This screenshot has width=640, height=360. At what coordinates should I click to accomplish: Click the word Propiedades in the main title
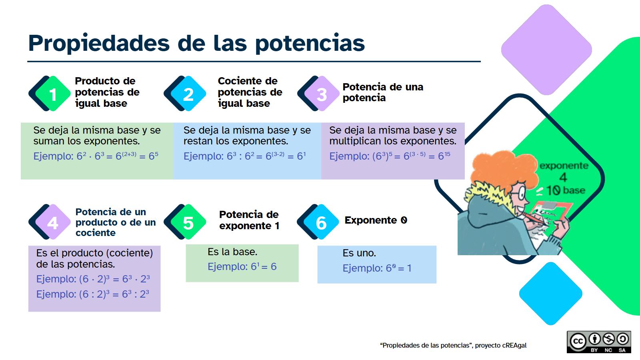click(x=99, y=43)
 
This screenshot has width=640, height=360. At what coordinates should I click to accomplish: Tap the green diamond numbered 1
click(x=53, y=94)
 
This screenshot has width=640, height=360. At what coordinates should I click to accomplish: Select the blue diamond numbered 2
click(x=188, y=94)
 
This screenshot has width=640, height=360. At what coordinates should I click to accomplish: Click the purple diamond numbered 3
click(x=322, y=94)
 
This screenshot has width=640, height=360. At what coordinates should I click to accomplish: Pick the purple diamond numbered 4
click(x=53, y=222)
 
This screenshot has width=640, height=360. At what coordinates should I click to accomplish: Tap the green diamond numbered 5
click(x=188, y=222)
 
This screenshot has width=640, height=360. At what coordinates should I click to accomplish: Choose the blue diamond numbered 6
click(x=322, y=222)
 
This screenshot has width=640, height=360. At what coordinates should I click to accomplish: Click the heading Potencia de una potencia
click(x=383, y=92)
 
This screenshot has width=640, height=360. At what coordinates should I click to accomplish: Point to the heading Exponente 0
click(x=376, y=220)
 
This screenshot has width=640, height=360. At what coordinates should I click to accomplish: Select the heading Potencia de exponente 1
click(x=249, y=220)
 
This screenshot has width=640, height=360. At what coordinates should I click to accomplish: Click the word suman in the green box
click(x=49, y=141)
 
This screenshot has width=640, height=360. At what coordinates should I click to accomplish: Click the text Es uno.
click(x=359, y=253)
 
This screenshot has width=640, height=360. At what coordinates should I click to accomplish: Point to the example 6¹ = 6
click(x=264, y=266)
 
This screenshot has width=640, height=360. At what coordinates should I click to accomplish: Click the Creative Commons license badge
click(x=599, y=342)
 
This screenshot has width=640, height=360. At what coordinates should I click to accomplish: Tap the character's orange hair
click(x=504, y=168)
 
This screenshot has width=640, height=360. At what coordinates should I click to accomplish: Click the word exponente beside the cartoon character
click(x=564, y=166)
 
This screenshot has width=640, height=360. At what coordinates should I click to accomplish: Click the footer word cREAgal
click(x=514, y=346)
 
